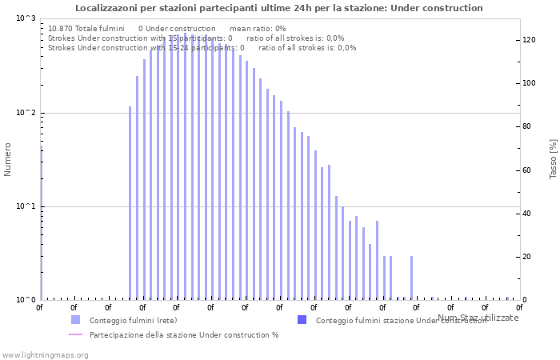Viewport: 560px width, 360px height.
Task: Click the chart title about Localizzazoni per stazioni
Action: [279, 8]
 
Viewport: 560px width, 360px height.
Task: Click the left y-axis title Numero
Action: [8, 159]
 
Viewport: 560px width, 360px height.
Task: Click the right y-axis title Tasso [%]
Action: [553, 159]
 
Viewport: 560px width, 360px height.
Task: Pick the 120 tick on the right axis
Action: [529, 40]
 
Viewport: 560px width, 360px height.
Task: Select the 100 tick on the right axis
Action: [529, 83]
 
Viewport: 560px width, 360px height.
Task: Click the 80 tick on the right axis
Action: [527, 126]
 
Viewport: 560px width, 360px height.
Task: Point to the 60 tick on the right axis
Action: [527, 170]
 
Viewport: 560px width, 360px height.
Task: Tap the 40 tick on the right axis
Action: [527, 214]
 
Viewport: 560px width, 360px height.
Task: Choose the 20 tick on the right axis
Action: [527, 257]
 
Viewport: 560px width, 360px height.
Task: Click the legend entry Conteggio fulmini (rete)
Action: [133, 321]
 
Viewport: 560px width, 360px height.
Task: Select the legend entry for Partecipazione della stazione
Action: [184, 335]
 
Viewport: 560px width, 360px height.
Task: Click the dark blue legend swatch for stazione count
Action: [302, 320]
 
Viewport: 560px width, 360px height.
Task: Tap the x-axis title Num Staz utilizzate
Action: [478, 318]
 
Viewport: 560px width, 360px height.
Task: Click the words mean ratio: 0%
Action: [258, 28]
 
